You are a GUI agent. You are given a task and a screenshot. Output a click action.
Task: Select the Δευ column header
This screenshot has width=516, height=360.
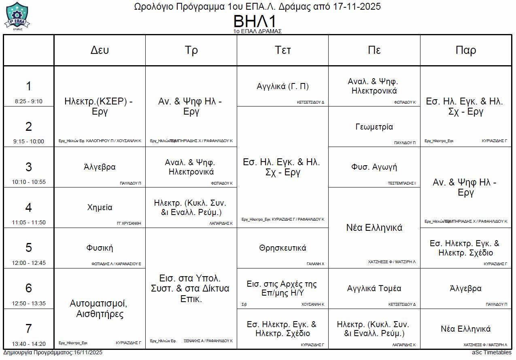100,50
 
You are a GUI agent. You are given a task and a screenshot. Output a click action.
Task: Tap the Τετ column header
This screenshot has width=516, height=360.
282,50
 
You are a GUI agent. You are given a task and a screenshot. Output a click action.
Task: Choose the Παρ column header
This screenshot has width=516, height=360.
466,50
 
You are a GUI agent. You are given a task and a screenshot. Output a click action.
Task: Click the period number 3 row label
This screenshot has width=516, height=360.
28,167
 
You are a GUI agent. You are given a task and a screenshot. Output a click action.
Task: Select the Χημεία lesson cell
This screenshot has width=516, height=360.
100,207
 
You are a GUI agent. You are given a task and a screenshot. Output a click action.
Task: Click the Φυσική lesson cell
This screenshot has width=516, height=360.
100,248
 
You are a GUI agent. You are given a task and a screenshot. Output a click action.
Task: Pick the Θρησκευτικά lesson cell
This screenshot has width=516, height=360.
282,248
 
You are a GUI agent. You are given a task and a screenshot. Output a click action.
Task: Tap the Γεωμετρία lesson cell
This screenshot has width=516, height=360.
374,127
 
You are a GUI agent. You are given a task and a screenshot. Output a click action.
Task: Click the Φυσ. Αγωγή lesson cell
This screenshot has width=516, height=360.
374,167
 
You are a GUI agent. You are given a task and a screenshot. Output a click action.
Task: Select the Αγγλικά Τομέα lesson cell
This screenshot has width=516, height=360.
374,288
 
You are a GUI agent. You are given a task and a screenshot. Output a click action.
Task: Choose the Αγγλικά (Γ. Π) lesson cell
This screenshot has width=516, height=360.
282,86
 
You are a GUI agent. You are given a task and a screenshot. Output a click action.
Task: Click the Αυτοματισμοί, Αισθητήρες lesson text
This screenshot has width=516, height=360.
100,309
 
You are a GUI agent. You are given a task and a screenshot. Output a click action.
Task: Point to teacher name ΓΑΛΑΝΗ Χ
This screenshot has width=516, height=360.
315,264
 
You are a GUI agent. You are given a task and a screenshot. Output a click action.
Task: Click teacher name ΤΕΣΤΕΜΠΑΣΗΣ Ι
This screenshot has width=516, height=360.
401,183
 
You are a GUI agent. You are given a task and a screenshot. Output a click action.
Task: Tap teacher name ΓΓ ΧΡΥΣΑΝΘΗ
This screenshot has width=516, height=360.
129,223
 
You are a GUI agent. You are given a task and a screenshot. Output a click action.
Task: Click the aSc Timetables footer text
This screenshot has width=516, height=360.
491,353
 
